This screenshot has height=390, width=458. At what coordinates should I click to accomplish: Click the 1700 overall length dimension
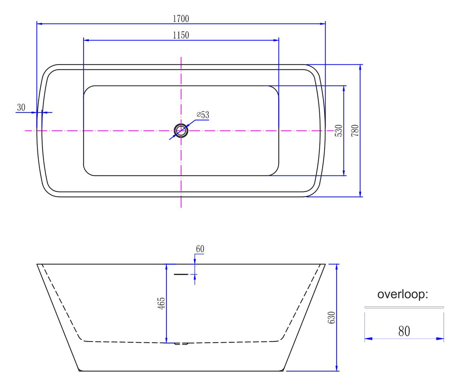click(x=181, y=19)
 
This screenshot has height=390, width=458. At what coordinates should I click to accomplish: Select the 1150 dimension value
click(x=181, y=35)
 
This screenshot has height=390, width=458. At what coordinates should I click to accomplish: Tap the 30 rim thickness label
click(x=21, y=107)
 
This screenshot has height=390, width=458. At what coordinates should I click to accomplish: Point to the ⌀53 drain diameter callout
click(x=203, y=115)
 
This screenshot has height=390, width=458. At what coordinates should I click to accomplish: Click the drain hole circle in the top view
click(x=181, y=131)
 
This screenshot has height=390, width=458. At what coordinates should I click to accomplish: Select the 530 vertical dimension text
click(x=338, y=131)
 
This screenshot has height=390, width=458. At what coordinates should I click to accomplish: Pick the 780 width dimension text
click(x=355, y=131)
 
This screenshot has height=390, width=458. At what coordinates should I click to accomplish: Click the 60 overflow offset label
click(x=200, y=249)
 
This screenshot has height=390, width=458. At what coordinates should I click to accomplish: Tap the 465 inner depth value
click(x=161, y=303)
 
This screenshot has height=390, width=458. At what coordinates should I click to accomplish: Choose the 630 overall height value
click(x=332, y=317)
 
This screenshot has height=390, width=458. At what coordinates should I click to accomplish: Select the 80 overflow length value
click(x=404, y=331)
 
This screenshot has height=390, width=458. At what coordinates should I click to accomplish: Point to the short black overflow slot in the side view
click(x=181, y=274)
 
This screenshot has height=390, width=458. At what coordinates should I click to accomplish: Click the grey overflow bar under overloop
click(x=404, y=307)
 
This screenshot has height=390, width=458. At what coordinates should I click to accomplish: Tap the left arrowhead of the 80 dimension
click(x=368, y=339)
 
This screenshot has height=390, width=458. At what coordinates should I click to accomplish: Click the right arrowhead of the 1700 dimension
click(x=322, y=24)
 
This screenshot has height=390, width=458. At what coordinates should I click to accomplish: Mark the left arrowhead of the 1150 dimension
click(x=87, y=40)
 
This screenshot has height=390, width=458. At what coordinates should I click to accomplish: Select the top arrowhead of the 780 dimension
click(x=360, y=68)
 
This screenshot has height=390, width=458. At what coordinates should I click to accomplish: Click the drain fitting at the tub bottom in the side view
click(x=181, y=343)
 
